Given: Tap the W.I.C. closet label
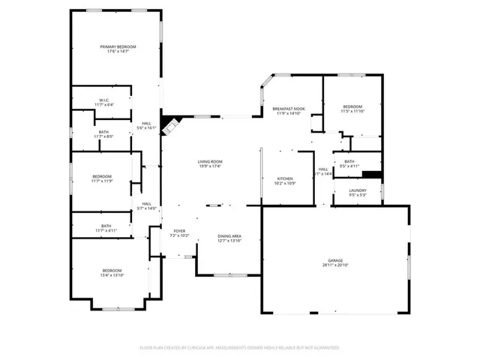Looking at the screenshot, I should (x=103, y=100).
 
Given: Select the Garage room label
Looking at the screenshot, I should (x=334, y=260).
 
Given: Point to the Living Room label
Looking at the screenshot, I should (x=209, y=162).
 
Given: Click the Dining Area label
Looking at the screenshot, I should (x=229, y=236).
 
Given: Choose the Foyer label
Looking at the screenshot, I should (x=179, y=231).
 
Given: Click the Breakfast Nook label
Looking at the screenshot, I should (x=289, y=109).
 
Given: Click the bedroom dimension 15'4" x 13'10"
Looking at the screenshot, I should (x=112, y=275).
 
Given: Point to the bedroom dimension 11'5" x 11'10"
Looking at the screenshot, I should (x=352, y=112).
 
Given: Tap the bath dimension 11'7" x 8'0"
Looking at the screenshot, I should (x=103, y=136).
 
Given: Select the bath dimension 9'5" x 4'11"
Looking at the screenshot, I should (x=349, y=166).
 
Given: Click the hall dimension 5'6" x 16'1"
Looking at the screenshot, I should (x=146, y=128).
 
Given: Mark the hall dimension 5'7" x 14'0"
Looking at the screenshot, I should (x=146, y=208).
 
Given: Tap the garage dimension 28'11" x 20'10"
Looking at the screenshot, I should (x=334, y=265).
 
